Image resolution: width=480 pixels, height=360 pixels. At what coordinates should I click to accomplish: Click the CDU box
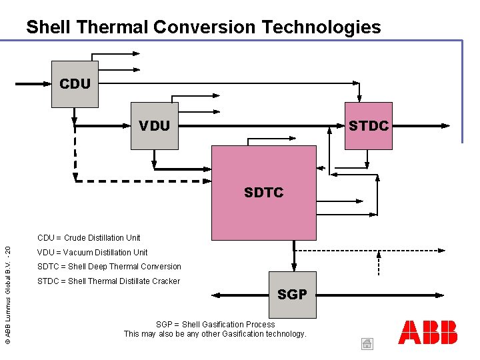pos(75,84)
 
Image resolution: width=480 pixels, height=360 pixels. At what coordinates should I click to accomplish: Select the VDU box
pos(155,125)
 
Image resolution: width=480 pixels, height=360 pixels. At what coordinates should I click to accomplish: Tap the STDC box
pos(368,125)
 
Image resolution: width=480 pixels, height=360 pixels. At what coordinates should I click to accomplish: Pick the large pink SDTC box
pos(263,192)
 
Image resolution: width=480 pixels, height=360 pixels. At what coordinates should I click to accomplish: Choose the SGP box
pos(292,294)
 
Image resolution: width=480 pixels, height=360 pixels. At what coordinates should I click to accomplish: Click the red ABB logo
pos(428,332)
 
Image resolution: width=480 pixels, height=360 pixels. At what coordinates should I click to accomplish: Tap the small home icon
pos(367,344)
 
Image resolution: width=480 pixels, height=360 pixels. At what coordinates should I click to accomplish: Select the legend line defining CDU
pos(89,237)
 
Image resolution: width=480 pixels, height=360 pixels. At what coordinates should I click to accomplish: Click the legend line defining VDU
pos(92,252)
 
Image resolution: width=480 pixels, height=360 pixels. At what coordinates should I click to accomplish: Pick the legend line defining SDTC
pos(109,267)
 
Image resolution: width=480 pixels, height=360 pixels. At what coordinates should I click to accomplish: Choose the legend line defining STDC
pos(108,281)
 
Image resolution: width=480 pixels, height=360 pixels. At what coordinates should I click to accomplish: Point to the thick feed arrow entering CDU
pos(33,85)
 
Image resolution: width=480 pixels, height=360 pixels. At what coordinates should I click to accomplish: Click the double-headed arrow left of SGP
pos(240,294)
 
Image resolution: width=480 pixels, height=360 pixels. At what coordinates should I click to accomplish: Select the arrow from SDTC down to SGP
pos(293,255)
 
